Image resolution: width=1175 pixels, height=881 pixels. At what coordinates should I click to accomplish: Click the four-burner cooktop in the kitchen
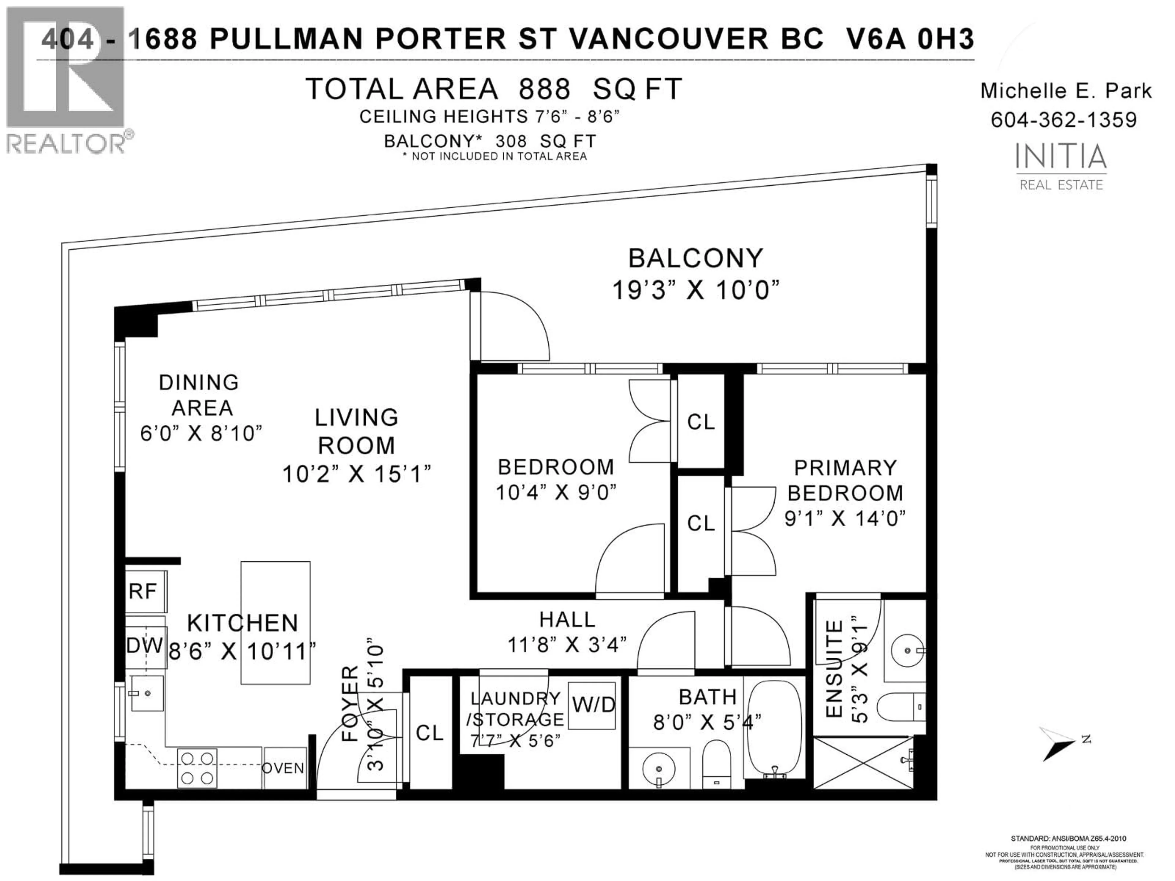[197, 768]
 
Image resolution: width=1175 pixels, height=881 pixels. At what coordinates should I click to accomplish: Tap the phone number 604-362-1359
[1064, 120]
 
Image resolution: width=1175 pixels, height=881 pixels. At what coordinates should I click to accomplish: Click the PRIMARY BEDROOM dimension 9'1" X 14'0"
[845, 518]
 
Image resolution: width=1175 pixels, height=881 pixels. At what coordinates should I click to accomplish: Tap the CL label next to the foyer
[429, 733]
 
